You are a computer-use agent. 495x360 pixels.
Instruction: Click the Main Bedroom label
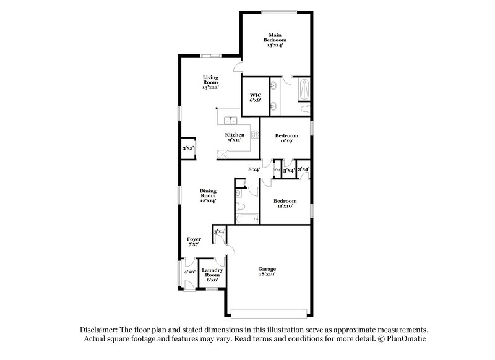point(275,40)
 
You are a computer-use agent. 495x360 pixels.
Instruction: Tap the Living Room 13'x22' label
point(212,82)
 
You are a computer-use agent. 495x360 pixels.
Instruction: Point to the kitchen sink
point(230,120)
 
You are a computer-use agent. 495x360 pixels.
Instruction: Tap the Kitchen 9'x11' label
point(235,137)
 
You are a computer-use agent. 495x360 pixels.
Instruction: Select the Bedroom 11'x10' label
point(285,204)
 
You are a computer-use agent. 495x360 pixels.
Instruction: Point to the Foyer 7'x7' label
point(194,241)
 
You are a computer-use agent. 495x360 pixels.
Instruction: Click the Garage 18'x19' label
point(267,272)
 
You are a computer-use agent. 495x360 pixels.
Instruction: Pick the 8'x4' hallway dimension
point(254,169)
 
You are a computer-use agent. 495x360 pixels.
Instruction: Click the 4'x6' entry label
point(189,271)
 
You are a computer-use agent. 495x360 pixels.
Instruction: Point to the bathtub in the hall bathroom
point(246,219)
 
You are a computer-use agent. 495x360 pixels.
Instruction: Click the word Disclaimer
point(101,330)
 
